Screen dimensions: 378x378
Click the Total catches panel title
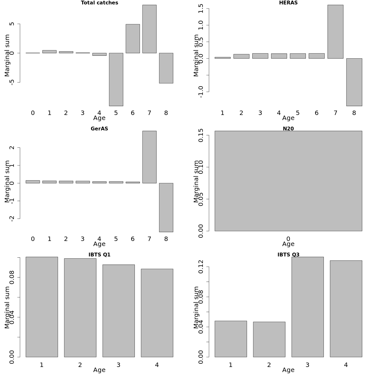tap(100, 3)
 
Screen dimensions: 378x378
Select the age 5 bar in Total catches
tap(116, 79)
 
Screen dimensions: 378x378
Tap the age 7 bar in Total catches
tap(149, 29)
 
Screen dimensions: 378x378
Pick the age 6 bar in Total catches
tap(133, 38)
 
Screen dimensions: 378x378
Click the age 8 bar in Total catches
tap(166, 68)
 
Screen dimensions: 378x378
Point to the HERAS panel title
tap(288, 3)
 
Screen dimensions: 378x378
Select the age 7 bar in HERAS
tap(335, 31)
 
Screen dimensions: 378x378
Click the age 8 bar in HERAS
tap(354, 82)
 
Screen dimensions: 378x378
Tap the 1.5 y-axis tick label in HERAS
tap(201, 9)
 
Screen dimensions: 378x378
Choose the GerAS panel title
tap(100, 129)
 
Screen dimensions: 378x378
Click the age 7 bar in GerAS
tap(149, 157)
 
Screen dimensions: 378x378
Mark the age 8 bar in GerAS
tap(166, 207)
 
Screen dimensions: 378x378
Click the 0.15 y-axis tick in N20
tap(201, 135)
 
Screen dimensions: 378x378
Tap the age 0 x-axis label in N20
tap(288, 239)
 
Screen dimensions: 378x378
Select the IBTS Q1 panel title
tap(100, 255)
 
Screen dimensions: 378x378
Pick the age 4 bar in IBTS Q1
tap(157, 313)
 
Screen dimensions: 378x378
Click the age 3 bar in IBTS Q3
tap(307, 307)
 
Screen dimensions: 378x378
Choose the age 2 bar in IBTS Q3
tap(269, 339)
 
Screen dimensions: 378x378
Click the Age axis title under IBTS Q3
tap(288, 370)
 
